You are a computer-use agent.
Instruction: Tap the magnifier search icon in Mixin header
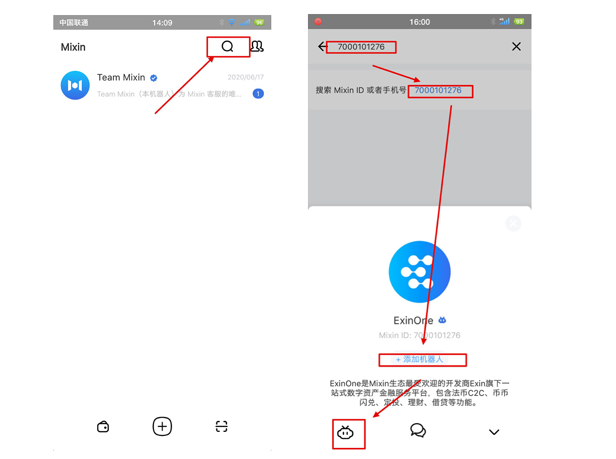point(227,46)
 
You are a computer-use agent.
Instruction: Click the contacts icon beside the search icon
point(257,46)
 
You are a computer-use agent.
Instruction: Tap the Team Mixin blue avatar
point(75,86)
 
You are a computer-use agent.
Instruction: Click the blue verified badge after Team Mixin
point(154,78)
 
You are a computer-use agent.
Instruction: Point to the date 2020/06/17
point(246,78)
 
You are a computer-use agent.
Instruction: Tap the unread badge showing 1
point(258,94)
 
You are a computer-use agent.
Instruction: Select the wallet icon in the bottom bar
point(103,427)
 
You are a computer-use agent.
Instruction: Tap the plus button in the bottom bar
point(162,426)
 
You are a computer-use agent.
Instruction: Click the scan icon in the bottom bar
point(221,427)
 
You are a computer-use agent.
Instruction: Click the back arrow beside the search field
point(322,47)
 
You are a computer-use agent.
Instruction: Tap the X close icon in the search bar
point(516,47)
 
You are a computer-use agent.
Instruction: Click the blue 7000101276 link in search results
point(438,91)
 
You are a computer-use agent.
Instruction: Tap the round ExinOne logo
point(419,272)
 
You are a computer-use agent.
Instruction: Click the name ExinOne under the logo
point(413,320)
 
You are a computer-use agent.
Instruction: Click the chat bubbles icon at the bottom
point(418,430)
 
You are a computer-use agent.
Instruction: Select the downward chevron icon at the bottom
point(494,432)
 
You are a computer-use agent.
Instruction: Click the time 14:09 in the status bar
point(162,23)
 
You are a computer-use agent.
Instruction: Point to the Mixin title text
point(73,47)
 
